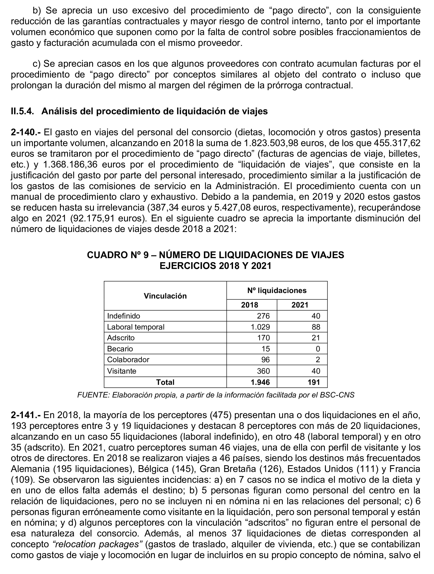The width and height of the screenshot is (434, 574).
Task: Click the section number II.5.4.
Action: point(22,111)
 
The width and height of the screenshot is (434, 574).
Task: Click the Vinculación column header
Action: point(165,296)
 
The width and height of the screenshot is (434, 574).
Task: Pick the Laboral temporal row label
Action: point(135,327)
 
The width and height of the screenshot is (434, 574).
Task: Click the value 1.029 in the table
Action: point(260,327)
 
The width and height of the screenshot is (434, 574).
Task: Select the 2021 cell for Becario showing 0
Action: point(318,349)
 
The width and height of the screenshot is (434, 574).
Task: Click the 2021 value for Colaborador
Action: point(318,360)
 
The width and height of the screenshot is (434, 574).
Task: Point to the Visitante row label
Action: point(121,371)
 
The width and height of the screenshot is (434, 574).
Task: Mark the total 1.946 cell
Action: point(260,382)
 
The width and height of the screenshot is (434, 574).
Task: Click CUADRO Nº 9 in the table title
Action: point(118,255)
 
